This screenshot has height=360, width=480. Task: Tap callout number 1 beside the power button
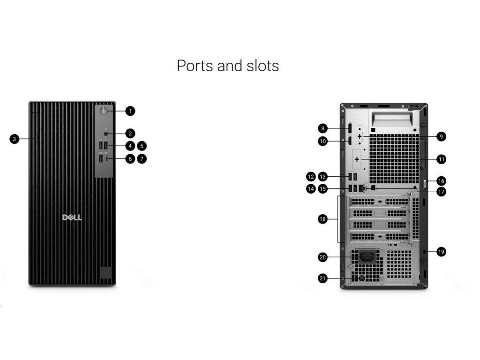(130, 111)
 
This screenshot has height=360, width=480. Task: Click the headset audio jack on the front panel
(106, 133)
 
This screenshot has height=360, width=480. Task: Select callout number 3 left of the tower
(15, 139)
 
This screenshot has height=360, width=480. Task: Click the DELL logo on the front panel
(72, 217)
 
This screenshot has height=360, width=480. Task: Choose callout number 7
(142, 159)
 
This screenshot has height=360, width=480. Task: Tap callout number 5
(142, 146)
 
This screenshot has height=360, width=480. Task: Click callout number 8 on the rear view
(322, 128)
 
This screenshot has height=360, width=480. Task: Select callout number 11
(441, 159)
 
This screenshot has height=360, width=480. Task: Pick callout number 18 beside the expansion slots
(322, 219)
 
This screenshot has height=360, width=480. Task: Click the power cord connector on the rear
(367, 256)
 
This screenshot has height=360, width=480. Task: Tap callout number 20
(322, 257)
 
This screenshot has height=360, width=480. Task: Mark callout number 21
(322, 278)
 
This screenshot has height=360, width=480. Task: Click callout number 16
(441, 180)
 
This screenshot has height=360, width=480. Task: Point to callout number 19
(441, 252)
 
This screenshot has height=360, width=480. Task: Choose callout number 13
(322, 177)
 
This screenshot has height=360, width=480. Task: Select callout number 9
(441, 136)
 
